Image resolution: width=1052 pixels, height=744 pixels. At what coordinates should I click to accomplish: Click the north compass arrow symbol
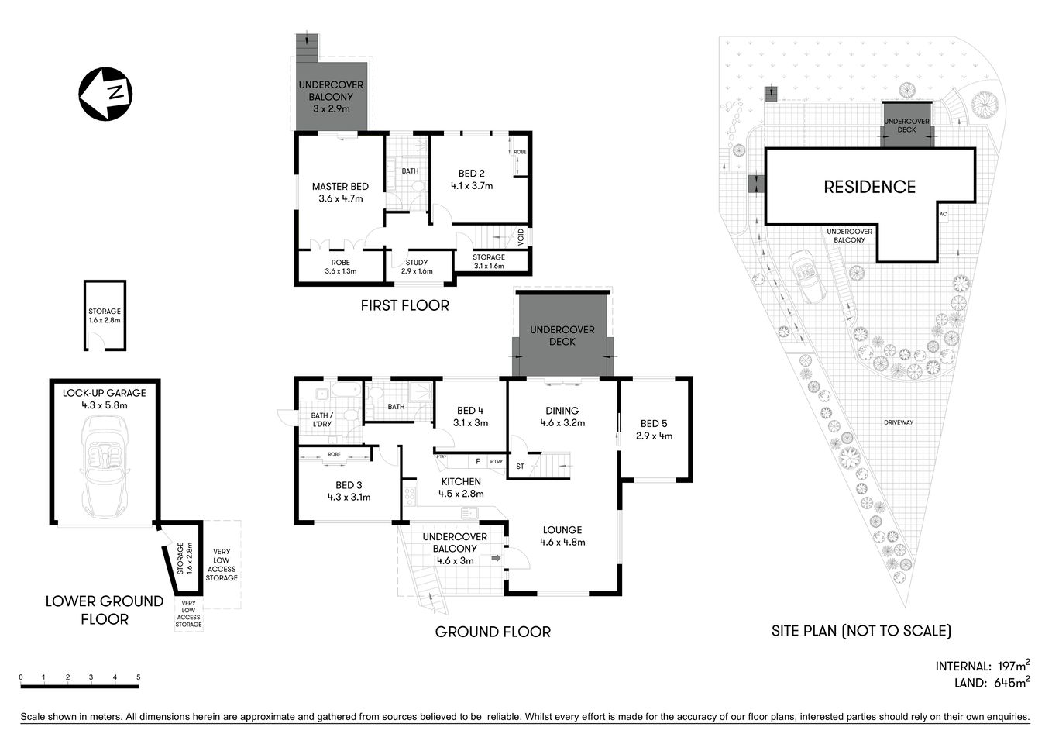105,94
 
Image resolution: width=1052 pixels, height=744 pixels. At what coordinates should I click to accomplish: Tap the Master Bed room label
340,187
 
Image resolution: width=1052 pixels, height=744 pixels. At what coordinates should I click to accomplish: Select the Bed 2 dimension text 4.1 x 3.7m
472,186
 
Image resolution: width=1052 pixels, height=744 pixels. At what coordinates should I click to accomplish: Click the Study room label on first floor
417,262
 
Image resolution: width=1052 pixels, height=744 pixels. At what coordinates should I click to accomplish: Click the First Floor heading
404,305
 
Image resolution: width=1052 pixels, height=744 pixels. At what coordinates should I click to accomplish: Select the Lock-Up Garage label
104,393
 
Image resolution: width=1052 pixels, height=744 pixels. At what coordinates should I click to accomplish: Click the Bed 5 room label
654,423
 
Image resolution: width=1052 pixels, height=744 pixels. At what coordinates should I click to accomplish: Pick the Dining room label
562,411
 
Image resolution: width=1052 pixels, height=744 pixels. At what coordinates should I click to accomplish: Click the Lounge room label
562,530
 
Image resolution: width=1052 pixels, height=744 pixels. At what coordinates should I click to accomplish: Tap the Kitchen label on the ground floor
461,481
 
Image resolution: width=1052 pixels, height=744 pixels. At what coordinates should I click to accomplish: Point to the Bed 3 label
349,485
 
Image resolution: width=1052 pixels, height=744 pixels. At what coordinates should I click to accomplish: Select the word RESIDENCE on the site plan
869,187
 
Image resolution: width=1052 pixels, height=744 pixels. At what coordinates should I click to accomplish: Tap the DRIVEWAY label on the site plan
899,422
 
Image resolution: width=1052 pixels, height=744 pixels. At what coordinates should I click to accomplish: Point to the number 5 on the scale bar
139,677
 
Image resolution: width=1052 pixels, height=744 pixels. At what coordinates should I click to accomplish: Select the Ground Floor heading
493,632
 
